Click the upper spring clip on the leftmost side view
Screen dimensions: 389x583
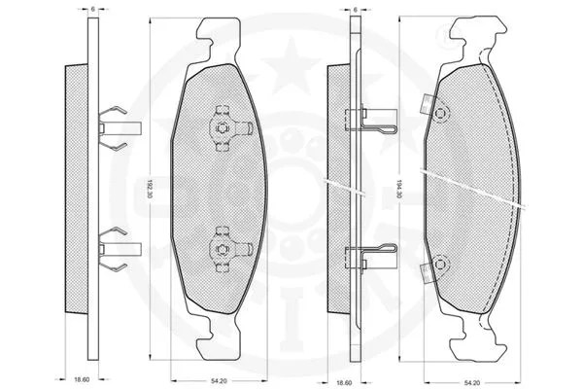tap(115, 125)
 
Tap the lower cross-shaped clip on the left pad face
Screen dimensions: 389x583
tap(222, 249)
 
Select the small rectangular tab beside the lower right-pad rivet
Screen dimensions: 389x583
tap(425, 275)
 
